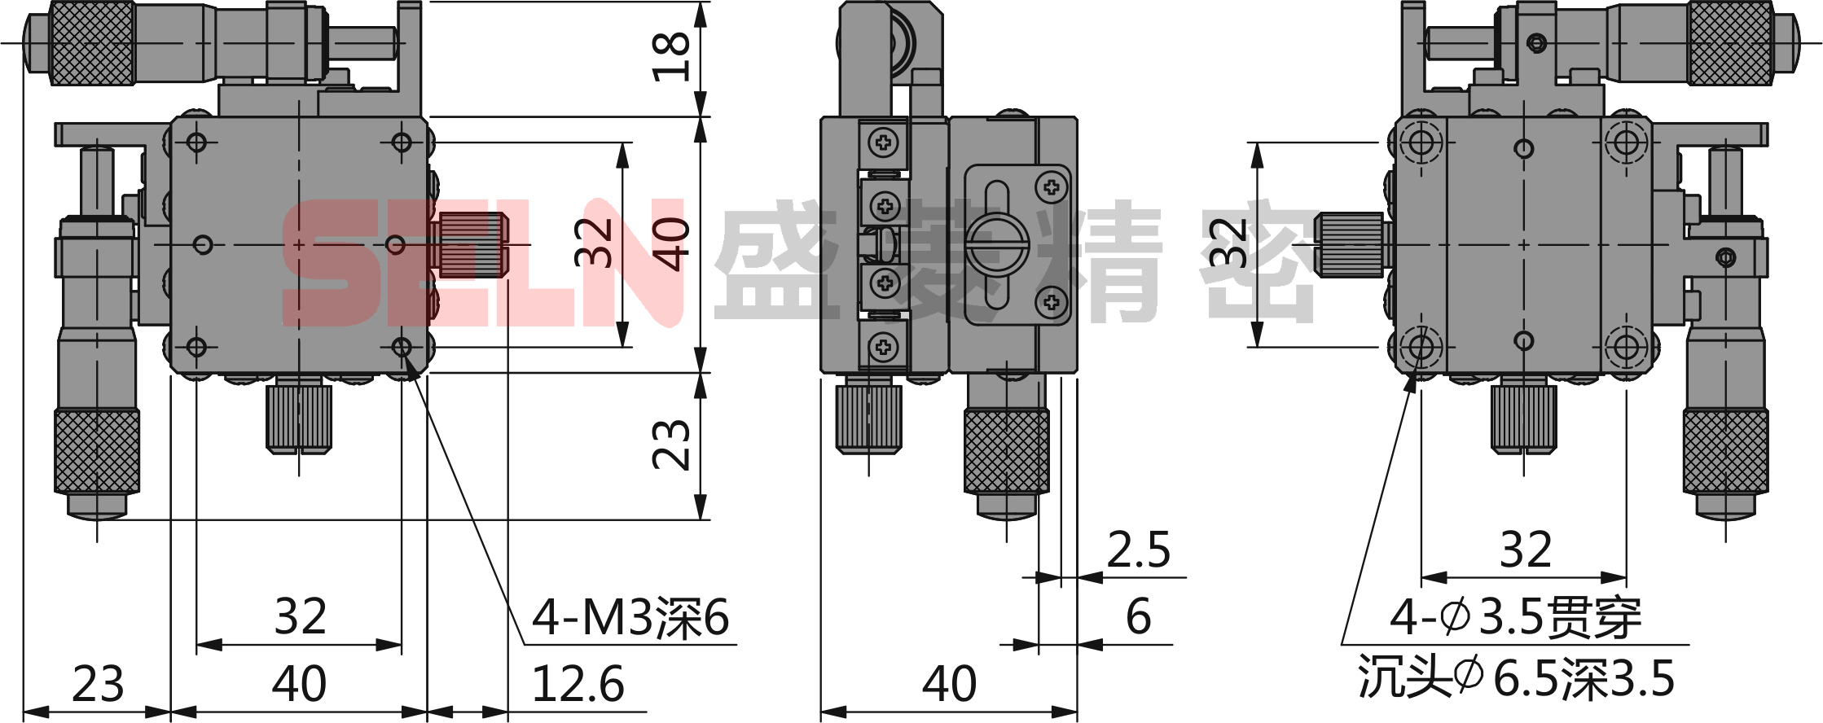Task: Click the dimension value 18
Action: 671,57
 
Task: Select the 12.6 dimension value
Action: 578,684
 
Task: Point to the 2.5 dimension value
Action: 1138,550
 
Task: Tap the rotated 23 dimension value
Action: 671,445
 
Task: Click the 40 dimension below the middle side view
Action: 949,684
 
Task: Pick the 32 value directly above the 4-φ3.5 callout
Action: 1526,550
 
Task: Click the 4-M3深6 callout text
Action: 630,617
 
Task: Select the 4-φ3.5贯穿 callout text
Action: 1515,617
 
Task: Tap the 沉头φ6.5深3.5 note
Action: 1516,677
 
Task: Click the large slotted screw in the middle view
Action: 998,243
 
